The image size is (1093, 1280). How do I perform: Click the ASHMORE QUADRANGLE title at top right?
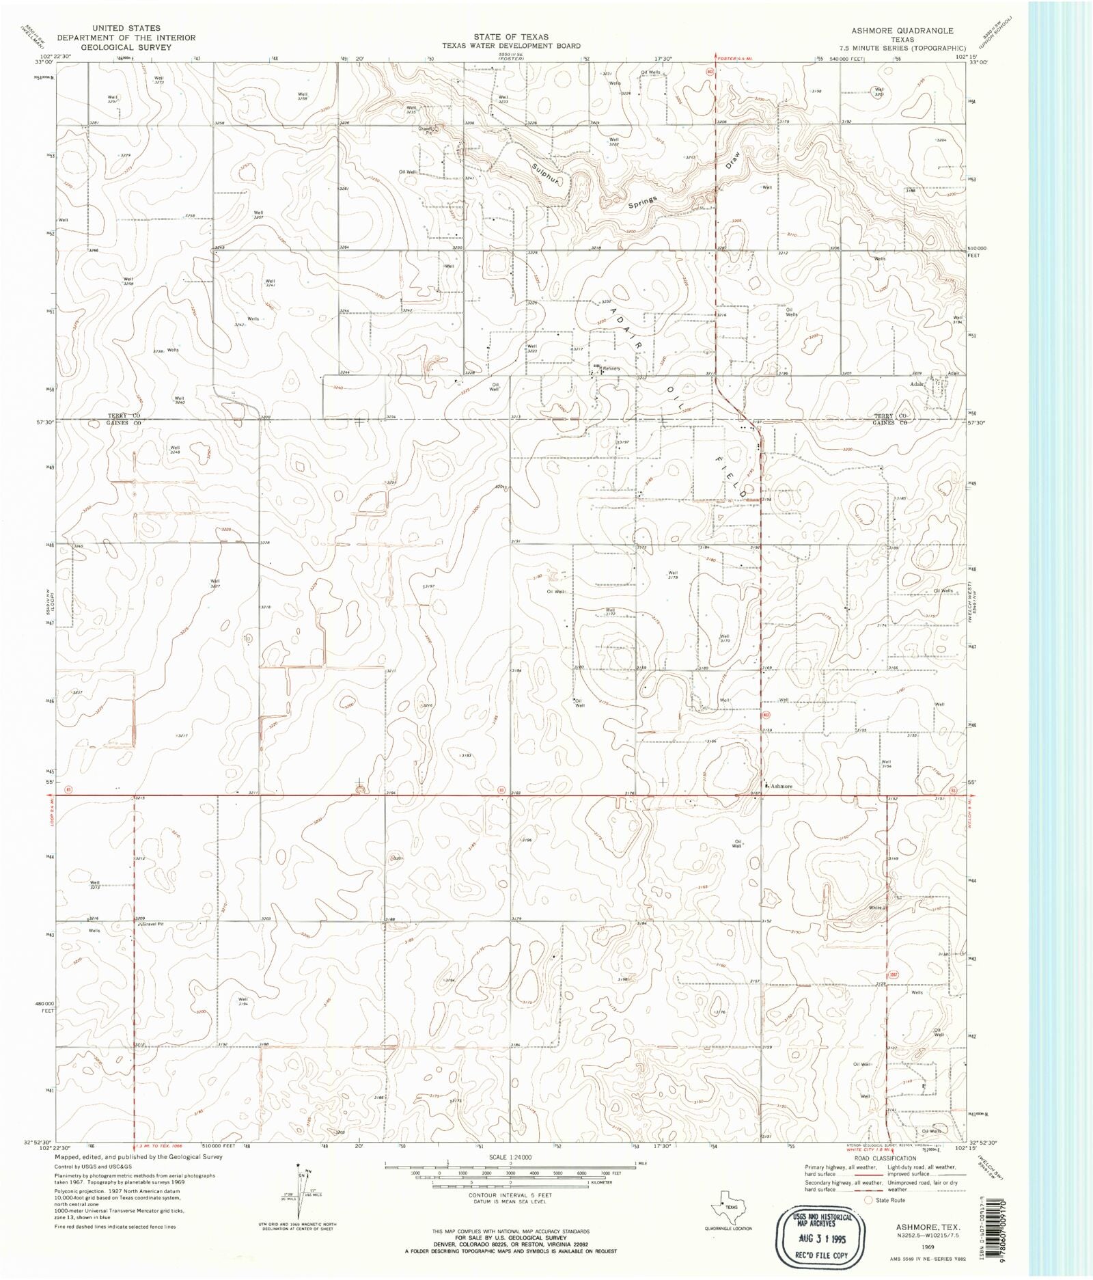(x=902, y=31)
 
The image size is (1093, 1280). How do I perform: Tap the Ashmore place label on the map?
(x=781, y=786)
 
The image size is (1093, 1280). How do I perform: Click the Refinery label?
(x=611, y=368)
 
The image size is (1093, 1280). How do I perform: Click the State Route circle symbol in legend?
(x=868, y=1199)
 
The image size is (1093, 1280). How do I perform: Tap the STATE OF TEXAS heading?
(x=511, y=37)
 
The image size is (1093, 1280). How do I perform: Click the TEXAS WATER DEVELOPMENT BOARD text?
(x=511, y=46)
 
